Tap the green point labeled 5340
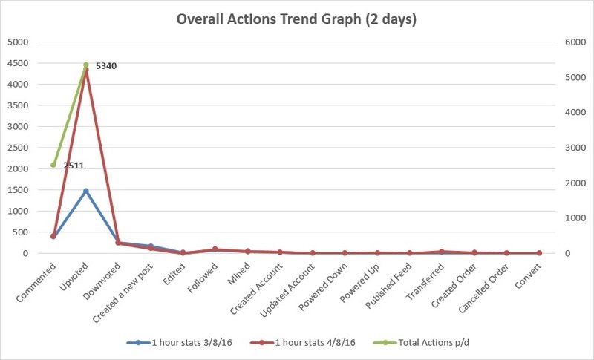click(x=85, y=65)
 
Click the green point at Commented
click(x=53, y=165)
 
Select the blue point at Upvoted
click(x=85, y=191)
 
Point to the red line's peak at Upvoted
click(x=85, y=71)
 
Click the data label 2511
click(x=74, y=166)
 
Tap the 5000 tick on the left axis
click(x=17, y=42)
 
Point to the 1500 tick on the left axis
click(x=17, y=190)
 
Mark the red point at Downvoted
click(x=118, y=243)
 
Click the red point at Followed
click(x=215, y=249)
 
